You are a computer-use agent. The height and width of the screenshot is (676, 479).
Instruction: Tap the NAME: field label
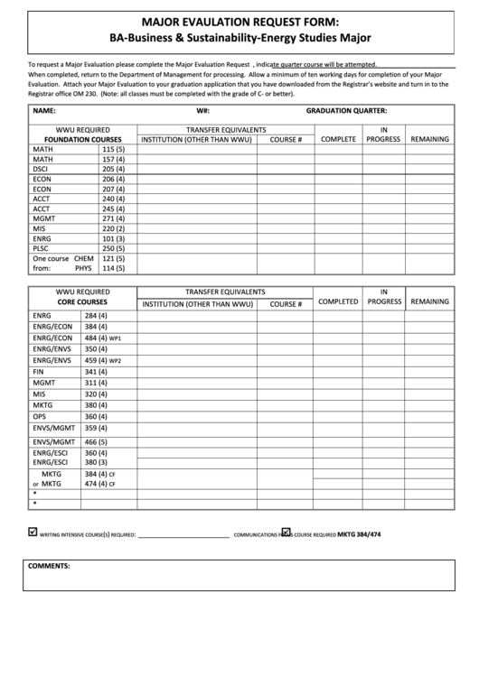coord(44,110)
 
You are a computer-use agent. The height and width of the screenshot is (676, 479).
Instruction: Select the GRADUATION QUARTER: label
coord(346,110)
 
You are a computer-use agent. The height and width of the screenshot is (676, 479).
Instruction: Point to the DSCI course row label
coord(41,169)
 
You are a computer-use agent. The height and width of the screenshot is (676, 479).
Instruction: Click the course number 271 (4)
coord(113,218)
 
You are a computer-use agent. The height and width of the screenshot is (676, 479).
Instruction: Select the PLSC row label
coord(41,248)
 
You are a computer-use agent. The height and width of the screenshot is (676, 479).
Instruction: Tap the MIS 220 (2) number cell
coord(113,228)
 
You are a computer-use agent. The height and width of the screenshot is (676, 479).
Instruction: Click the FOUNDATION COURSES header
coord(82,140)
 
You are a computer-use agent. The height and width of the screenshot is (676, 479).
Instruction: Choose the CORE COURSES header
coord(82,303)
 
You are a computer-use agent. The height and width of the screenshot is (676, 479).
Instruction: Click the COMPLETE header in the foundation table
coord(338,140)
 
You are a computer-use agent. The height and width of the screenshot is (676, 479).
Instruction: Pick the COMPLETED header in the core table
coord(338,301)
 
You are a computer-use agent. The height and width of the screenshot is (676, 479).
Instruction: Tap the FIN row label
coord(38,372)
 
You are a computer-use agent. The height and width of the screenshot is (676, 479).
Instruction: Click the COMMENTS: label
coord(49,565)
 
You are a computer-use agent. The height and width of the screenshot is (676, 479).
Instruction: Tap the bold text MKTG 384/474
coord(359,534)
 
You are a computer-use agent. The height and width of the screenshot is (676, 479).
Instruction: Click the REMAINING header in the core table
coord(429,301)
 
